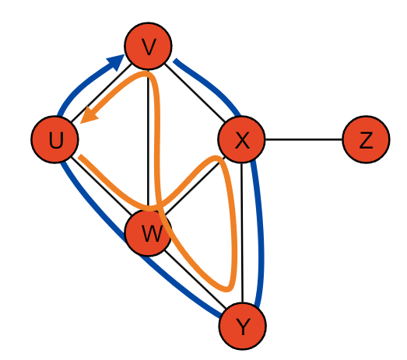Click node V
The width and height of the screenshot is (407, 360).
(148, 46)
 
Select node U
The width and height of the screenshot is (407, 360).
(54, 139)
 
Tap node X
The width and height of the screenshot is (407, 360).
(242, 139)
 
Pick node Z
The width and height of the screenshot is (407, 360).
(366, 139)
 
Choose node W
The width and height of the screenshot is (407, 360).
(148, 232)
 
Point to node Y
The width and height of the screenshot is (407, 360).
(243, 326)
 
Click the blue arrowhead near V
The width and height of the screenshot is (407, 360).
(116, 61)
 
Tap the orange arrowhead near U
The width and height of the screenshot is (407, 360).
(89, 115)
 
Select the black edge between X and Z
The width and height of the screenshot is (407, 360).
(303, 139)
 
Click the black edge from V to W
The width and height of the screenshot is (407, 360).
(148, 140)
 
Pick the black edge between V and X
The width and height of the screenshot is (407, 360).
(195, 93)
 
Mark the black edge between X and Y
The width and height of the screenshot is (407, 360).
(242, 233)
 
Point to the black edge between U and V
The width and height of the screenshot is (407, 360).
(101, 93)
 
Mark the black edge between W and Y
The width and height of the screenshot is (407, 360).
(195, 280)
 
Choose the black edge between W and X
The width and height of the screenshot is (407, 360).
(195, 187)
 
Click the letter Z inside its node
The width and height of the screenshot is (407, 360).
(366, 140)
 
